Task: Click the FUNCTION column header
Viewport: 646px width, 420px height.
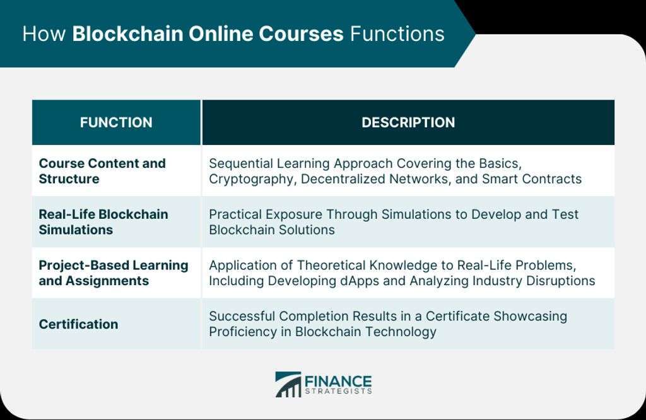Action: pyautogui.click(x=116, y=122)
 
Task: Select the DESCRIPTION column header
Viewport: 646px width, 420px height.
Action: pyautogui.click(x=408, y=122)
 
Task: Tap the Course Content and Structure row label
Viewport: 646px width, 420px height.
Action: pyautogui.click(x=102, y=171)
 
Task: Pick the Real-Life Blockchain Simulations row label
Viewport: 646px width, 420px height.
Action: pyautogui.click(x=103, y=222)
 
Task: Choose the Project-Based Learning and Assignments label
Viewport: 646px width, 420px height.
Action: pyautogui.click(x=114, y=273)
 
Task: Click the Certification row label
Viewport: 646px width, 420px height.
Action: pyautogui.click(x=78, y=324)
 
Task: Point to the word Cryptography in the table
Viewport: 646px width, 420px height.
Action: pyautogui.click(x=252, y=179)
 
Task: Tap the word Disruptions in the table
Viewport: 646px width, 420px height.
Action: pyautogui.click(x=561, y=281)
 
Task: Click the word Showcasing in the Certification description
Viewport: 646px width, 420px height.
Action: pyautogui.click(x=530, y=316)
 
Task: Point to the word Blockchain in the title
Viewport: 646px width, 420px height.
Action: pyautogui.click(x=127, y=34)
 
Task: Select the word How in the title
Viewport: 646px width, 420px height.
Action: pyautogui.click(x=44, y=34)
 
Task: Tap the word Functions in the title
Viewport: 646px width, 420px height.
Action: pyautogui.click(x=397, y=34)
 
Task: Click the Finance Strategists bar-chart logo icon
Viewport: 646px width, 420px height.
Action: pyautogui.click(x=288, y=385)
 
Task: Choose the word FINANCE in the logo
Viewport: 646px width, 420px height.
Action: pyautogui.click(x=338, y=382)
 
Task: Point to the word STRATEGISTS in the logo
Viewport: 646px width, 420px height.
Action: pyautogui.click(x=338, y=392)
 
